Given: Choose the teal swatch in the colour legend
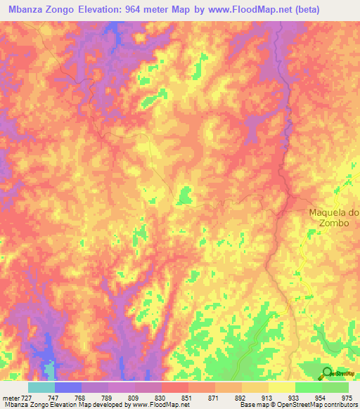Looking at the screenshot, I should click(41, 387).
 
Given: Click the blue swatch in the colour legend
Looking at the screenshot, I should click(67, 387).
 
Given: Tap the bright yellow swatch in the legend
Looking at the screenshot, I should click(281, 387).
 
